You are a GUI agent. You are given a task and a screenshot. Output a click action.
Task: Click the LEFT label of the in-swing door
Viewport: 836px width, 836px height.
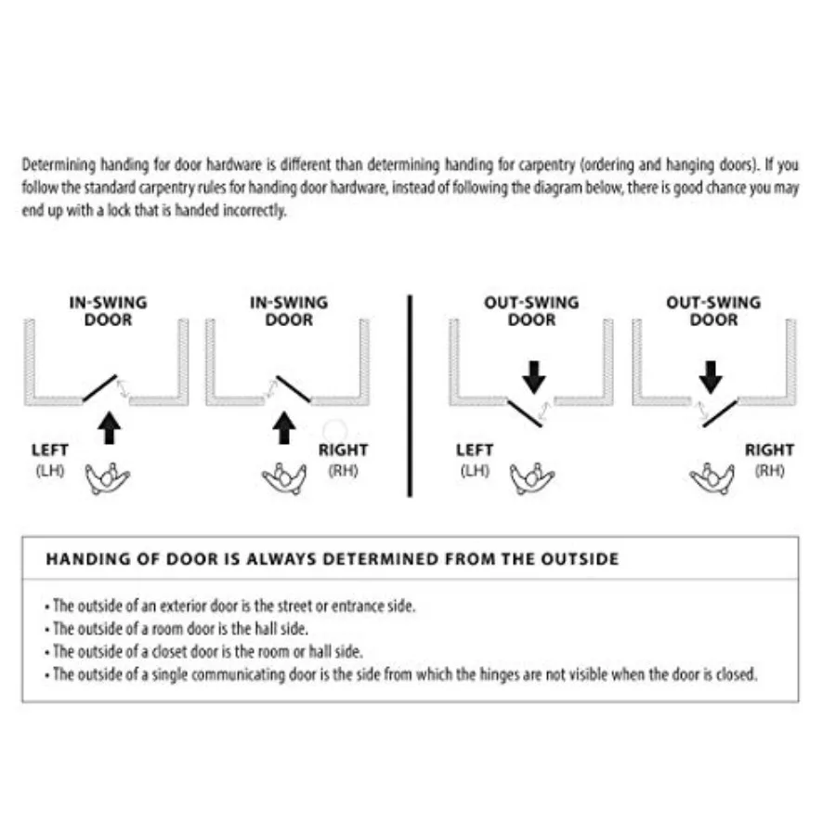tap(49, 450)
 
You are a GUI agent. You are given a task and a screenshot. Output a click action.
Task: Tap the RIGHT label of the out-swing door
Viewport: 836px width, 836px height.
tap(769, 450)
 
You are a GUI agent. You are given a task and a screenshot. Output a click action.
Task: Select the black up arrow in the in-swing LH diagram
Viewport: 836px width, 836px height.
tap(110, 428)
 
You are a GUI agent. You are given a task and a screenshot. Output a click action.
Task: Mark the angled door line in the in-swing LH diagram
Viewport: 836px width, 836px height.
tap(99, 387)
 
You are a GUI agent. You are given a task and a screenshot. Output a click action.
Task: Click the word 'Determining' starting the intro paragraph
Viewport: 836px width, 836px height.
tap(56, 165)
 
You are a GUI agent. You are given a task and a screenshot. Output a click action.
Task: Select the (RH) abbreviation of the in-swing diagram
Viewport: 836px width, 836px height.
tap(343, 470)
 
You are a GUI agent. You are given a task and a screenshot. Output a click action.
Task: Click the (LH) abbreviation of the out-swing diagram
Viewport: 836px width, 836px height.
tap(475, 470)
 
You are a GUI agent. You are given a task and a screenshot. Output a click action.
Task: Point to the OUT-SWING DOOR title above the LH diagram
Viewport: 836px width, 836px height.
tap(531, 311)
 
